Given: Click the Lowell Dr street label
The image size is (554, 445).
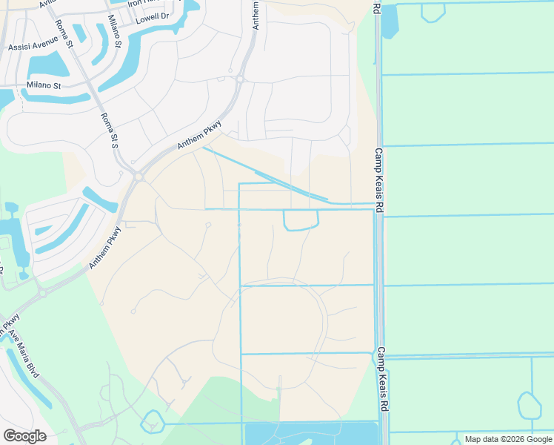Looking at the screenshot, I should pyautogui.click(x=152, y=16).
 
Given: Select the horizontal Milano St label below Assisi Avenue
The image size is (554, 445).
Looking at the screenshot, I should pyautogui.click(x=44, y=85).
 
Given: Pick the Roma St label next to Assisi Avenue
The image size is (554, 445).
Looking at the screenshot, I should pyautogui.click(x=64, y=32).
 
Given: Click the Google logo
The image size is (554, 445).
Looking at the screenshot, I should pyautogui.click(x=24, y=436).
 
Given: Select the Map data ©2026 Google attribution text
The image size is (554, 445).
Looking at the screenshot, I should pyautogui.click(x=507, y=439).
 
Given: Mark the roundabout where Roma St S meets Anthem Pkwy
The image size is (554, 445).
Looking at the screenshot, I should pyautogui.click(x=138, y=176).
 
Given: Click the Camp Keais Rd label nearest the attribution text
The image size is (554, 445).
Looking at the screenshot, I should pyautogui.click(x=383, y=380).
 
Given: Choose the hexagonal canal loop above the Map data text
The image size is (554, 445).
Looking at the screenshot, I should pyautogui.click(x=530, y=406).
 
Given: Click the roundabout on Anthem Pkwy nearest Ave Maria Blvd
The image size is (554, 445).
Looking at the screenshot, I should pyautogui.click(x=42, y=292).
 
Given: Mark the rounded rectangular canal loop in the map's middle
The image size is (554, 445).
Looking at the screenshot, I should pyautogui.click(x=301, y=220).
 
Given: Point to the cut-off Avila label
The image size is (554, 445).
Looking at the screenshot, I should pyautogui.click(x=47, y=3).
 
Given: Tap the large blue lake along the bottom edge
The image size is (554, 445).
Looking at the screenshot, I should pyautogui.click(x=311, y=434).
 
